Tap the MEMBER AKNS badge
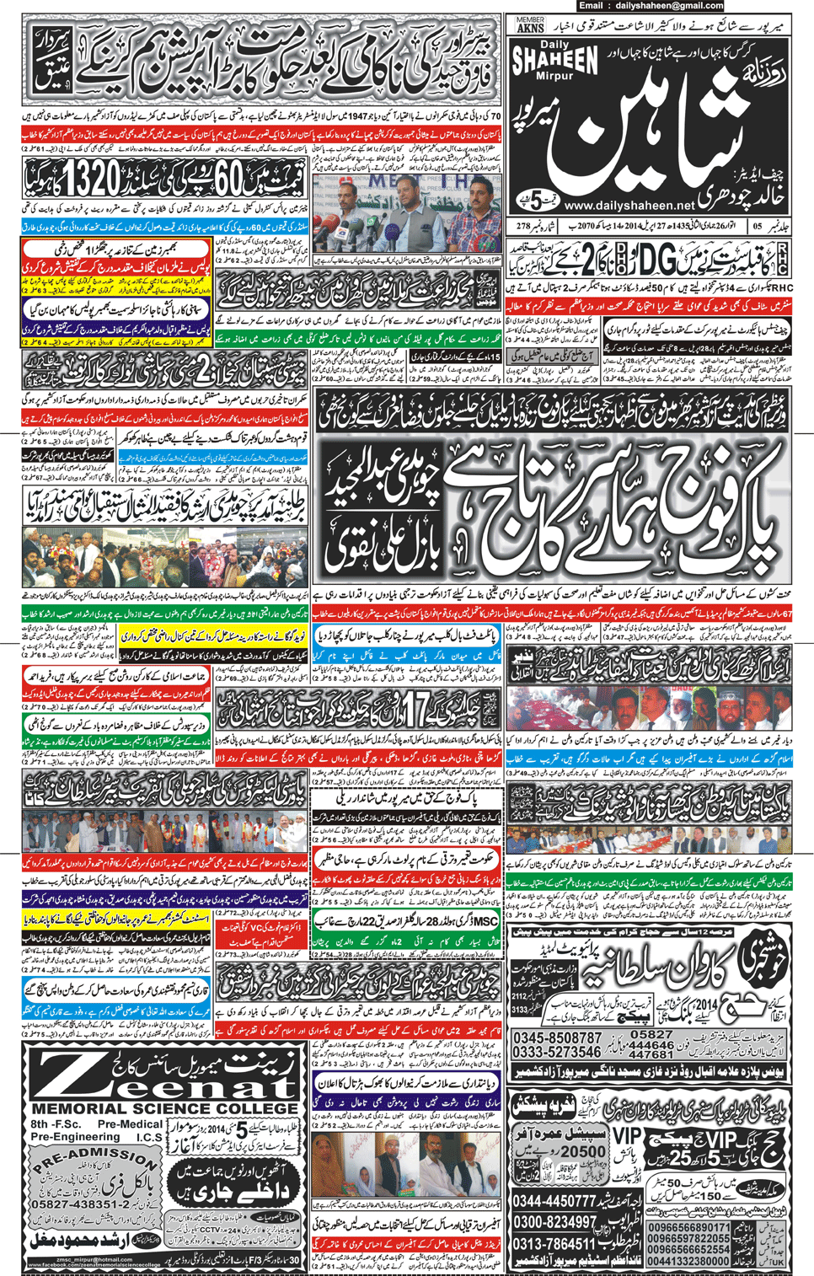530,25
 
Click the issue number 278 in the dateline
523,226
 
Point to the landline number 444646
651,1045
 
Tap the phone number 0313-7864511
555,1244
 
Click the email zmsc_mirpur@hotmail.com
92,1259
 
